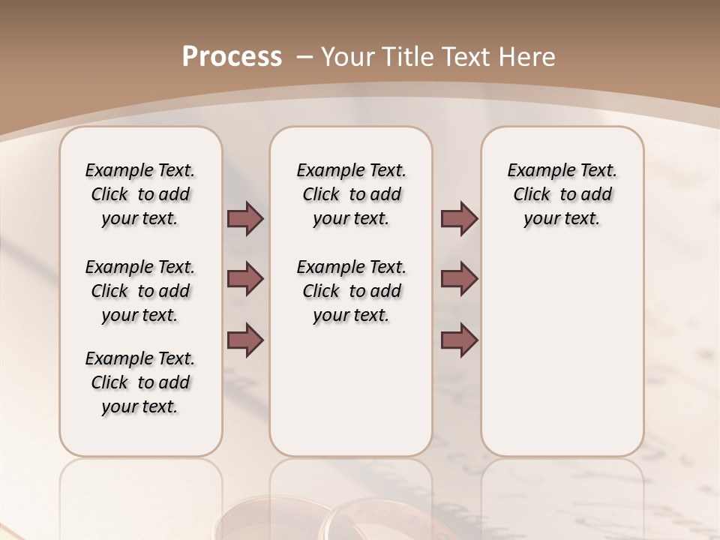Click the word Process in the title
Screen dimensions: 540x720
click(232, 57)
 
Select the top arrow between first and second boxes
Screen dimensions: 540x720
click(245, 218)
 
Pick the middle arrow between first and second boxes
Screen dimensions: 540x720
click(245, 279)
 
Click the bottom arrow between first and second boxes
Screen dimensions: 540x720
click(245, 340)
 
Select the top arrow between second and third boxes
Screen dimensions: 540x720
click(459, 218)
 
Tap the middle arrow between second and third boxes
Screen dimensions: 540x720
click(459, 279)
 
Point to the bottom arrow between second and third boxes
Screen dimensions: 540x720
click(459, 340)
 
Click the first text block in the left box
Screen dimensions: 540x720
click(140, 194)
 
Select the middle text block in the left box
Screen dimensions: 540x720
click(140, 291)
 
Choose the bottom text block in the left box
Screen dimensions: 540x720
click(140, 382)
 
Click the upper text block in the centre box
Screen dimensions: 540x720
click(351, 194)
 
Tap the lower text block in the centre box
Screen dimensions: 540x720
click(351, 291)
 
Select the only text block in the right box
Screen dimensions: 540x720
click(562, 194)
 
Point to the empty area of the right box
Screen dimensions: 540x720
click(562, 345)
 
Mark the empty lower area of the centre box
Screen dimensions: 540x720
click(351, 390)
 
